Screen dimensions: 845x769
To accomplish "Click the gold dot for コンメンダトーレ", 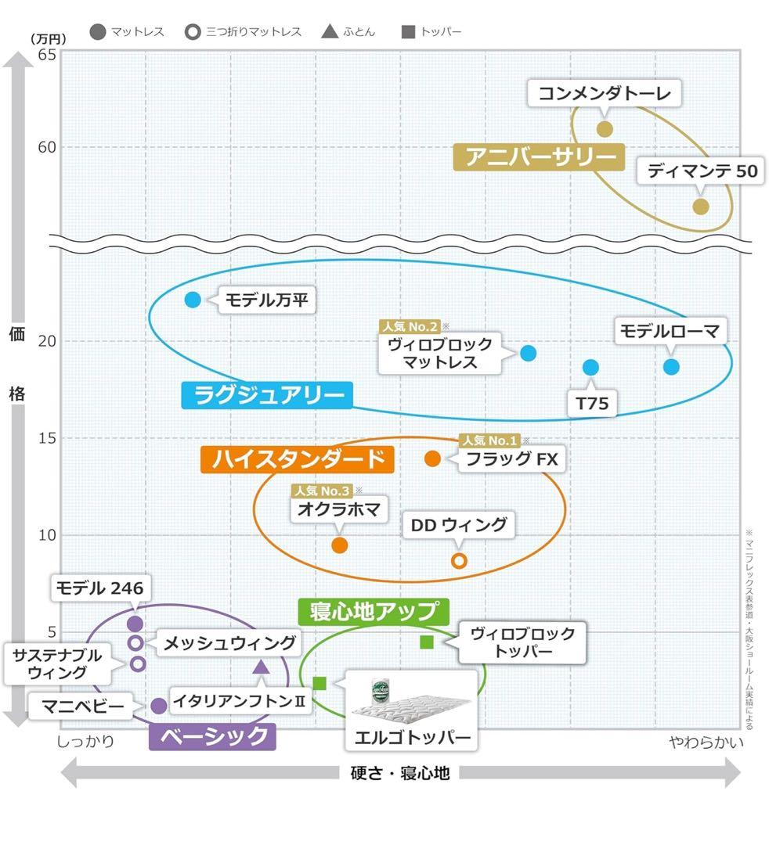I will [605, 129].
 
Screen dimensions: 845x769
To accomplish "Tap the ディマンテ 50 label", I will [702, 171].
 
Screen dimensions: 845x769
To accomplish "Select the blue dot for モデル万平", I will [193, 299].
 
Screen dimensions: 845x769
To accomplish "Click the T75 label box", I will [592, 404].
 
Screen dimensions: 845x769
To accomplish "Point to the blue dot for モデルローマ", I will [671, 366].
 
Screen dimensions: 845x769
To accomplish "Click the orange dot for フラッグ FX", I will [432, 458].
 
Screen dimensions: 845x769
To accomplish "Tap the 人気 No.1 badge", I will [490, 441].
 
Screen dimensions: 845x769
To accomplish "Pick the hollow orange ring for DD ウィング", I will [460, 560].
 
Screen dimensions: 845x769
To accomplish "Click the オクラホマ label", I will [339, 511].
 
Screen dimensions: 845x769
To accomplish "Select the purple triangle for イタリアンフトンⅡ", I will [262, 667].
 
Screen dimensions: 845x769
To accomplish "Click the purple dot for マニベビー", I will [158, 706].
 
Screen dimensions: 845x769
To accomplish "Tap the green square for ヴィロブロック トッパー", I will [427, 642].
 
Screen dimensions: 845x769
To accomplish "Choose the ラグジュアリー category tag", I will [266, 395].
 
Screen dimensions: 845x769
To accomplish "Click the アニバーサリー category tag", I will [540, 156].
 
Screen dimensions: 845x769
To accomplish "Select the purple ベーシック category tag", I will [212, 736].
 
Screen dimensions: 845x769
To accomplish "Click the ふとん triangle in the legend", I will [330, 32].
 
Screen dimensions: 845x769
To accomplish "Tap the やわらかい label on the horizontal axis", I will [706, 742].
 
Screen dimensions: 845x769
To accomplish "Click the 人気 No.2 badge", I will [410, 326].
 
